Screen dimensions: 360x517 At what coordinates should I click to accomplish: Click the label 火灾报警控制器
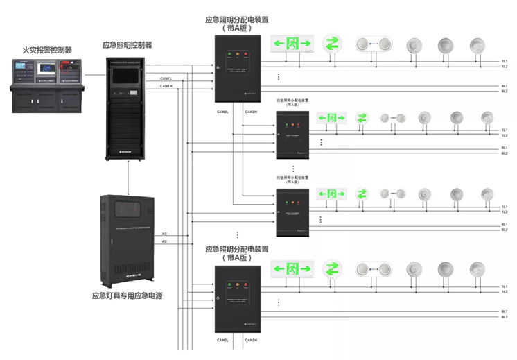[47, 50]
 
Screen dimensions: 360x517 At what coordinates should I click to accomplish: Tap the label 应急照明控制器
[127, 45]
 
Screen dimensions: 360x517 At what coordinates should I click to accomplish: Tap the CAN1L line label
[166, 78]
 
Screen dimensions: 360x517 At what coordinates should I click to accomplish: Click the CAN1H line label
[166, 86]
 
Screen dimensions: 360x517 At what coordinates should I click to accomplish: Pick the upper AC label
[164, 233]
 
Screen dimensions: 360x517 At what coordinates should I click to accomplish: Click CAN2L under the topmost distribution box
[223, 112]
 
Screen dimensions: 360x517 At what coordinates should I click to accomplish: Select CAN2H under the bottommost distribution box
[251, 340]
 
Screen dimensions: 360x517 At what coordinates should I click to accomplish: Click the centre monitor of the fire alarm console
[47, 70]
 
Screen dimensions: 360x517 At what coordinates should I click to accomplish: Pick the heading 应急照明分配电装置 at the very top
[237, 21]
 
